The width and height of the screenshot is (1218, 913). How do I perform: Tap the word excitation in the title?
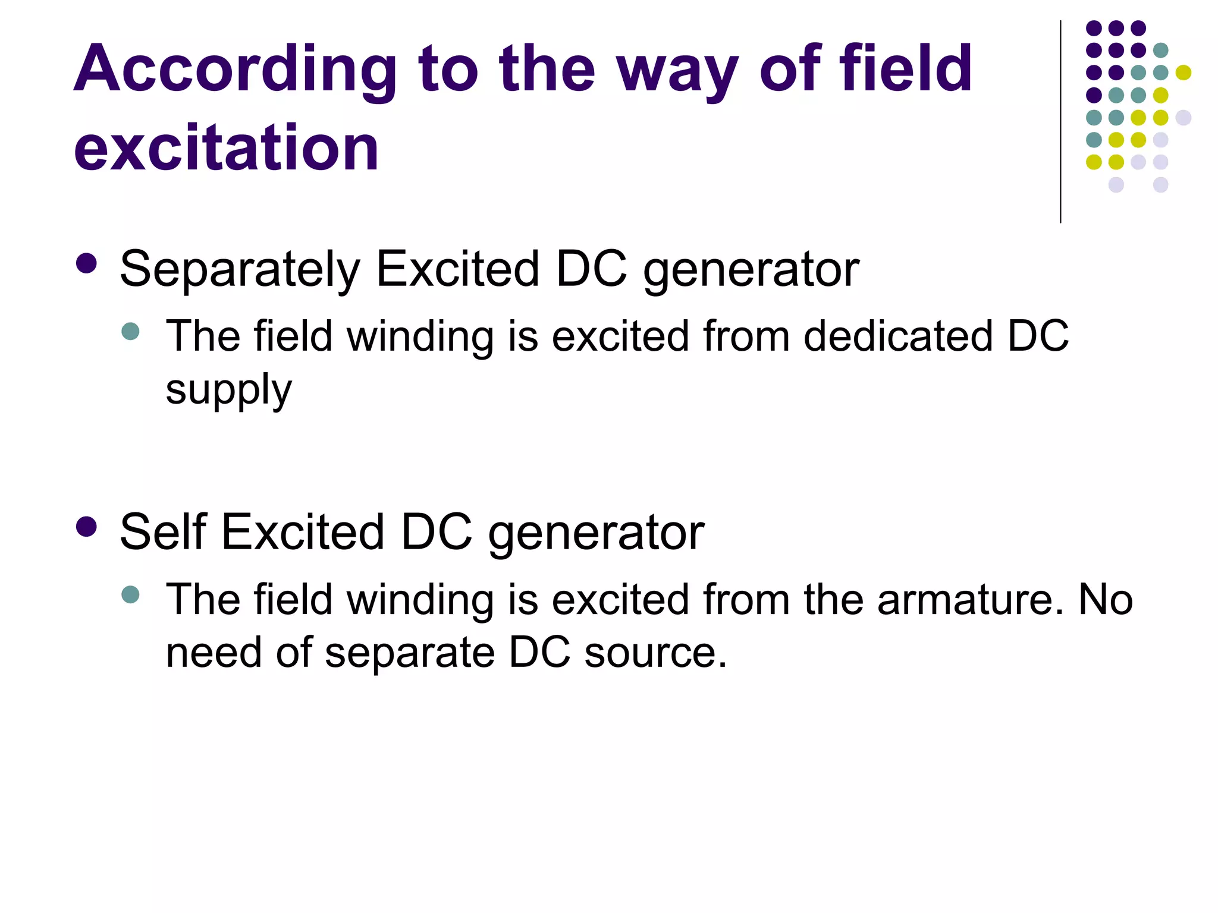coord(226,147)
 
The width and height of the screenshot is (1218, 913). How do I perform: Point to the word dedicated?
coord(898,336)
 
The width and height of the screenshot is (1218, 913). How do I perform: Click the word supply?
coord(229,391)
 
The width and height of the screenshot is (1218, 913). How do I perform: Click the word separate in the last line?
coord(410,653)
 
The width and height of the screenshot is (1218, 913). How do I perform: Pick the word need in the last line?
coord(214,653)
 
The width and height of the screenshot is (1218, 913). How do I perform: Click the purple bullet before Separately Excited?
coord(87,264)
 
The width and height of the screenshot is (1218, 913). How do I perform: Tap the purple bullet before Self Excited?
coord(87,527)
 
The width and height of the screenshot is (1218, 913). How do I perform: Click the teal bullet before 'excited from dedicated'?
coord(130,331)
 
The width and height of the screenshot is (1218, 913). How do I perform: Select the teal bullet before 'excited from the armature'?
coord(130,594)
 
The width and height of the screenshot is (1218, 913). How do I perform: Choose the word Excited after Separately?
coord(458,269)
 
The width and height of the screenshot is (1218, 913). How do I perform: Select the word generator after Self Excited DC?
coord(596,533)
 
